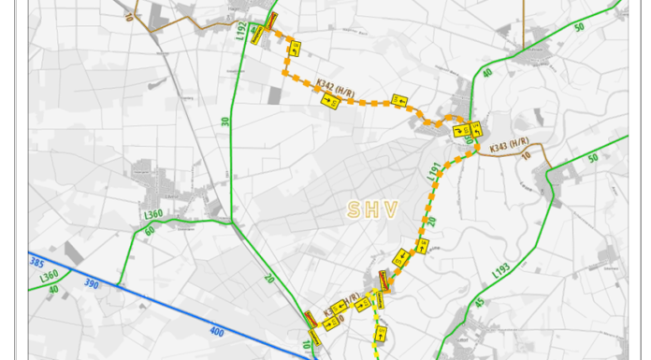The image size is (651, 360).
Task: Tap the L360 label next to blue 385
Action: point(50,278)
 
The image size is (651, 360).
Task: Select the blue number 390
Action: point(90,282)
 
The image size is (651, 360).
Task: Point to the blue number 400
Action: point(218,332)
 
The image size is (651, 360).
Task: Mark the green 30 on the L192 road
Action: point(225,121)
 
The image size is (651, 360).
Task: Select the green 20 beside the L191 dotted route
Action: point(432,221)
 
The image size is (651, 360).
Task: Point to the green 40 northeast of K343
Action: point(486,73)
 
